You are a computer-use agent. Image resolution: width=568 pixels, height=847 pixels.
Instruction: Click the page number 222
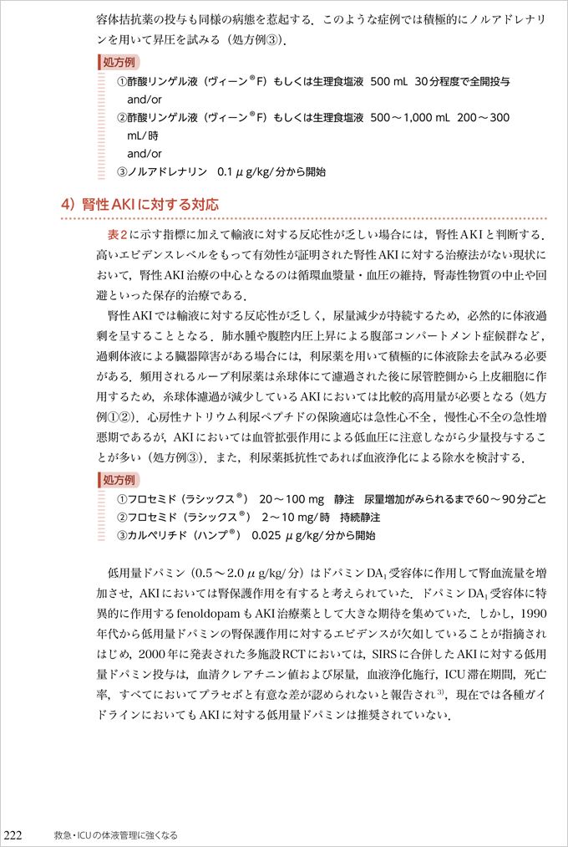18,834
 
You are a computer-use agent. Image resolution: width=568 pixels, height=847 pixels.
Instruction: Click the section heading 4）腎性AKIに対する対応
139,204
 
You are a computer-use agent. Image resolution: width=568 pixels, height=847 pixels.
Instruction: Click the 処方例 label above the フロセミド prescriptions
119,480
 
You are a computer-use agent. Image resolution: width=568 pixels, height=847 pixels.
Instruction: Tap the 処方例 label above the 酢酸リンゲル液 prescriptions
119,63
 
